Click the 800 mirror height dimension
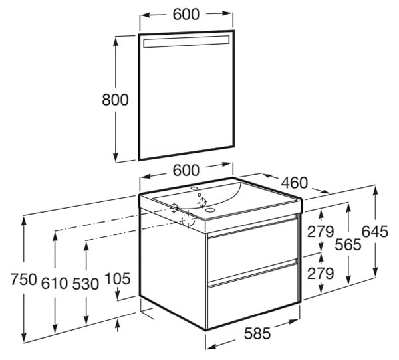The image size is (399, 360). (115, 100)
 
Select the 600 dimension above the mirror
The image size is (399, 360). (186, 15)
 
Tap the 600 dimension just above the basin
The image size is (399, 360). (186, 170)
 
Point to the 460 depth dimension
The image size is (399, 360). (295, 183)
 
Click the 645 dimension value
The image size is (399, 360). (375, 232)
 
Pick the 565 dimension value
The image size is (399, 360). (348, 244)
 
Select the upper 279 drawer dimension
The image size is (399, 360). (321, 232)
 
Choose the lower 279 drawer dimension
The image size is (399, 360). (321, 274)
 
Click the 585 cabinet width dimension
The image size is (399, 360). (257, 333)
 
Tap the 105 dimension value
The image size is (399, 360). (118, 279)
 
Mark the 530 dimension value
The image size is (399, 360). (86, 284)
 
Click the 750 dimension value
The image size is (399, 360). (24, 279)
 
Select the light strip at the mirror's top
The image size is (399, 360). (186, 42)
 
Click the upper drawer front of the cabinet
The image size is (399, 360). (253, 251)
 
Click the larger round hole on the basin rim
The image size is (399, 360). (210, 210)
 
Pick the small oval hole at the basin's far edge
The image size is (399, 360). (195, 189)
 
